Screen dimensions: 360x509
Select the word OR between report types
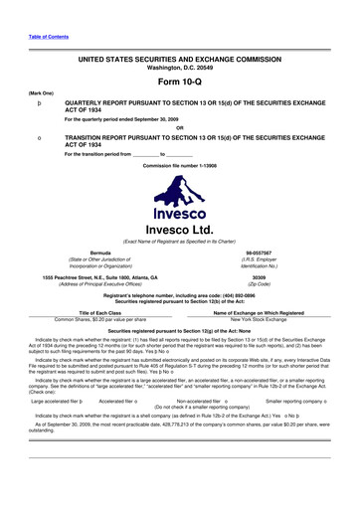click(180, 126)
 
